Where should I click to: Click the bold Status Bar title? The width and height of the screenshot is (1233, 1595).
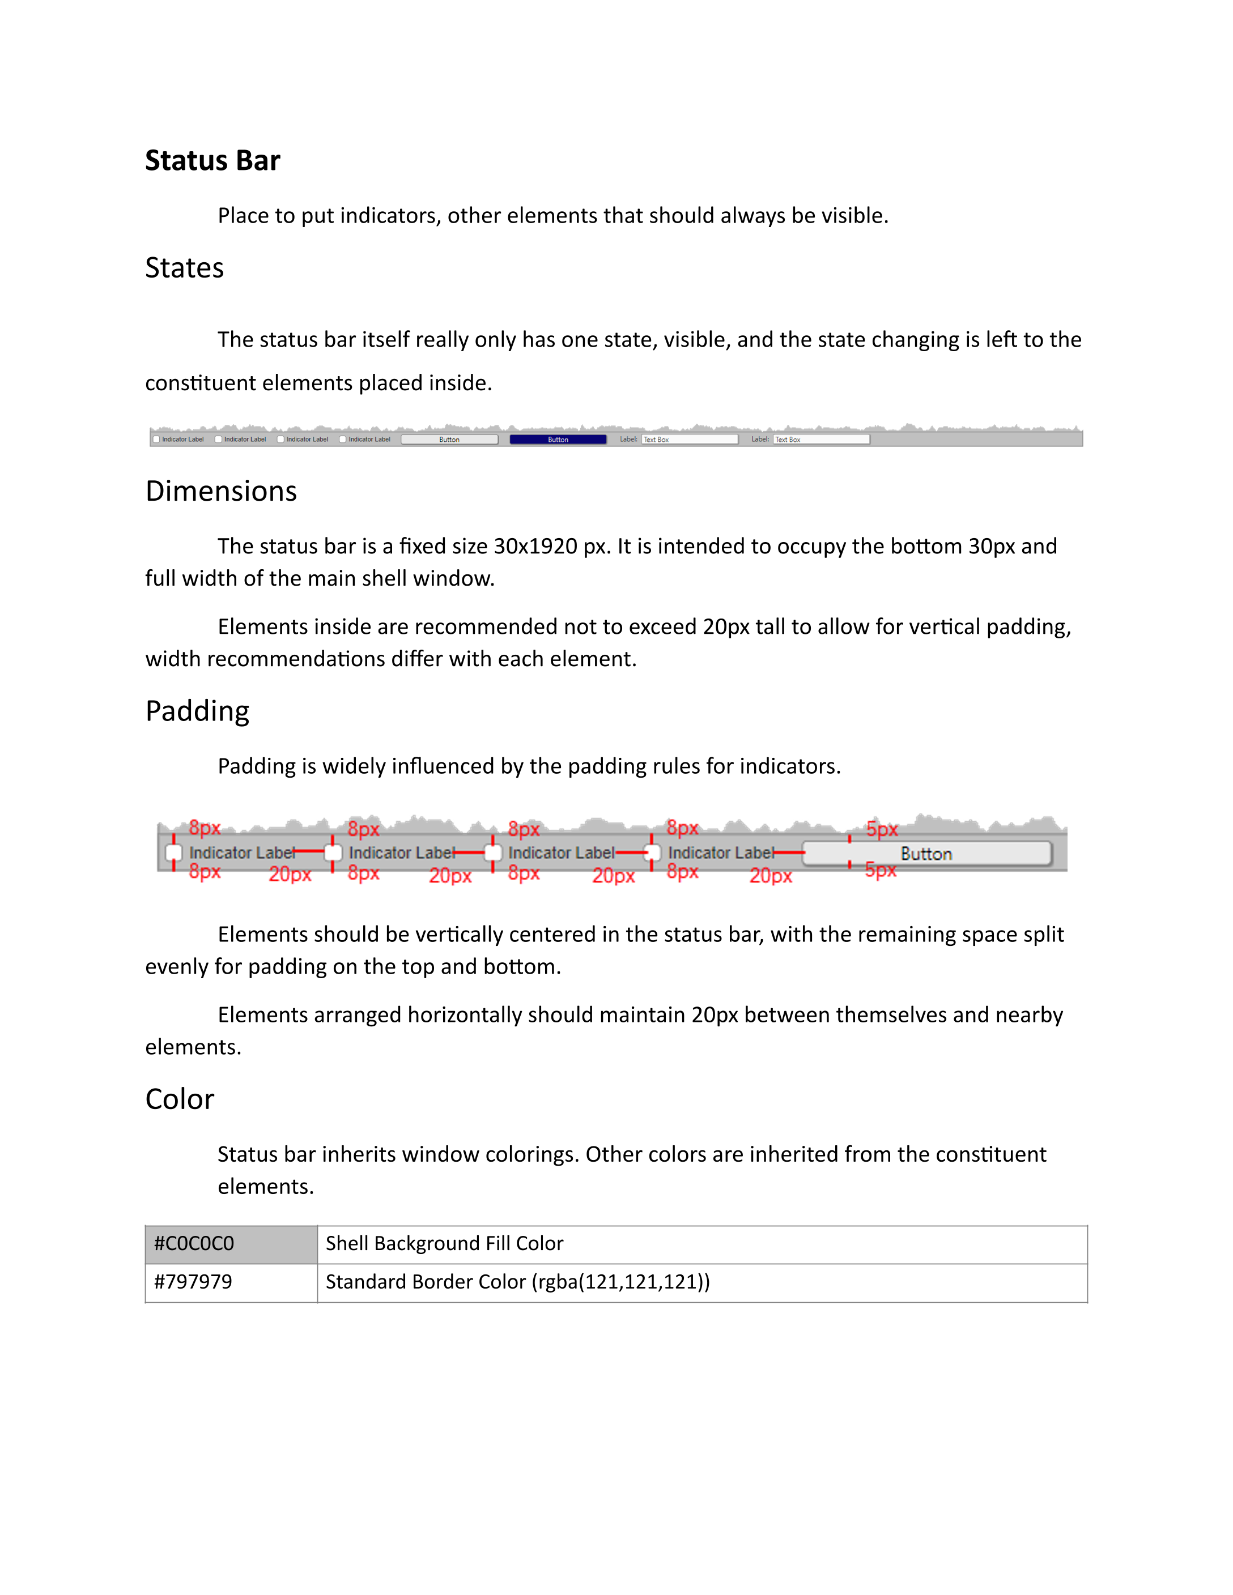pyautogui.click(x=212, y=161)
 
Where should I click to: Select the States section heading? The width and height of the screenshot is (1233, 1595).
pyautogui.click(x=184, y=268)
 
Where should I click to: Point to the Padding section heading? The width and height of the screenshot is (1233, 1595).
pyautogui.click(x=197, y=711)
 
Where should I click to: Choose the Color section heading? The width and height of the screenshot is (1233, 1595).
pyautogui.click(x=180, y=1099)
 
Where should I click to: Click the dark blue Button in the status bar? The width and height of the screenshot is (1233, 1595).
pyautogui.click(x=558, y=440)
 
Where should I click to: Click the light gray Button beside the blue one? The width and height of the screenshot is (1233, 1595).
pyautogui.click(x=449, y=440)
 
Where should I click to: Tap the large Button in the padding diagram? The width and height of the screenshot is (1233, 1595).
pyautogui.click(x=926, y=854)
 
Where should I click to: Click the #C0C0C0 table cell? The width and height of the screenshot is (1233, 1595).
pyautogui.click(x=231, y=1244)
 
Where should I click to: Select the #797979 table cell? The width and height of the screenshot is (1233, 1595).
pyautogui.click(x=231, y=1282)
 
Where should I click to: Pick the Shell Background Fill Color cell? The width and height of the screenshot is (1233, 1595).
pyautogui.click(x=701, y=1244)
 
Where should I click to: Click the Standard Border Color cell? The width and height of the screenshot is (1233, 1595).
pyautogui.click(x=701, y=1282)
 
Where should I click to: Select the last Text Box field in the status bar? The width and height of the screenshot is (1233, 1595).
pyautogui.click(x=821, y=440)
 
